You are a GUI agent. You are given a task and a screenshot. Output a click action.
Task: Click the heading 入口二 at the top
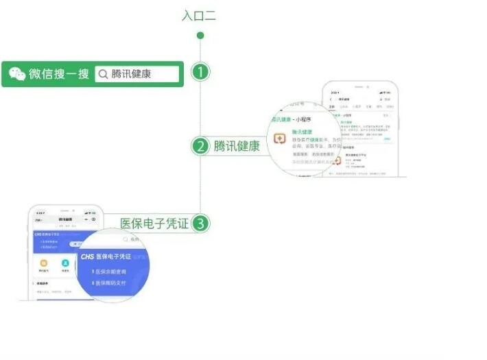[x=199, y=15]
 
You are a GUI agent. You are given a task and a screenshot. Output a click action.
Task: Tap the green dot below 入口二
[x=200, y=35]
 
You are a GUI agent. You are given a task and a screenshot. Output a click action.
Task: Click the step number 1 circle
[x=200, y=73]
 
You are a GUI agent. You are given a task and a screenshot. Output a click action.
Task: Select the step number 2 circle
[x=200, y=146]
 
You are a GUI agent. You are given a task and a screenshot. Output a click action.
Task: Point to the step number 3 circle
[x=200, y=224]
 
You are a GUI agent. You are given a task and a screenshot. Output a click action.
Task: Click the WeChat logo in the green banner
[x=17, y=74]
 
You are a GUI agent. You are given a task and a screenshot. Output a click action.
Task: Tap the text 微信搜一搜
[x=59, y=74]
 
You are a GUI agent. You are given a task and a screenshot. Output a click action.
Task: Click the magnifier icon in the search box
[x=103, y=74]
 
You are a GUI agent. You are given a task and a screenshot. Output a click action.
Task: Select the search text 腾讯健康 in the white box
[x=132, y=74]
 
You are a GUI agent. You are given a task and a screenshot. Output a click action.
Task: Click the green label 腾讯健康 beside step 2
[x=237, y=146]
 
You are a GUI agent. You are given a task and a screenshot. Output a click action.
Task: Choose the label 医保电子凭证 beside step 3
[x=154, y=224]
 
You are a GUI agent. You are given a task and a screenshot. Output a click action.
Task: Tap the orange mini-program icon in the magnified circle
[x=281, y=139]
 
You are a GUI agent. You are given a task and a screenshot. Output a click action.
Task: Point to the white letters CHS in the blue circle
[x=87, y=257]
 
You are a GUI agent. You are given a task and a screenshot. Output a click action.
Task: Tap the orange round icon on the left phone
[x=44, y=263]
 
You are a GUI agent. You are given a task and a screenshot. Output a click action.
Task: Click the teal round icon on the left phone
[x=66, y=263]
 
